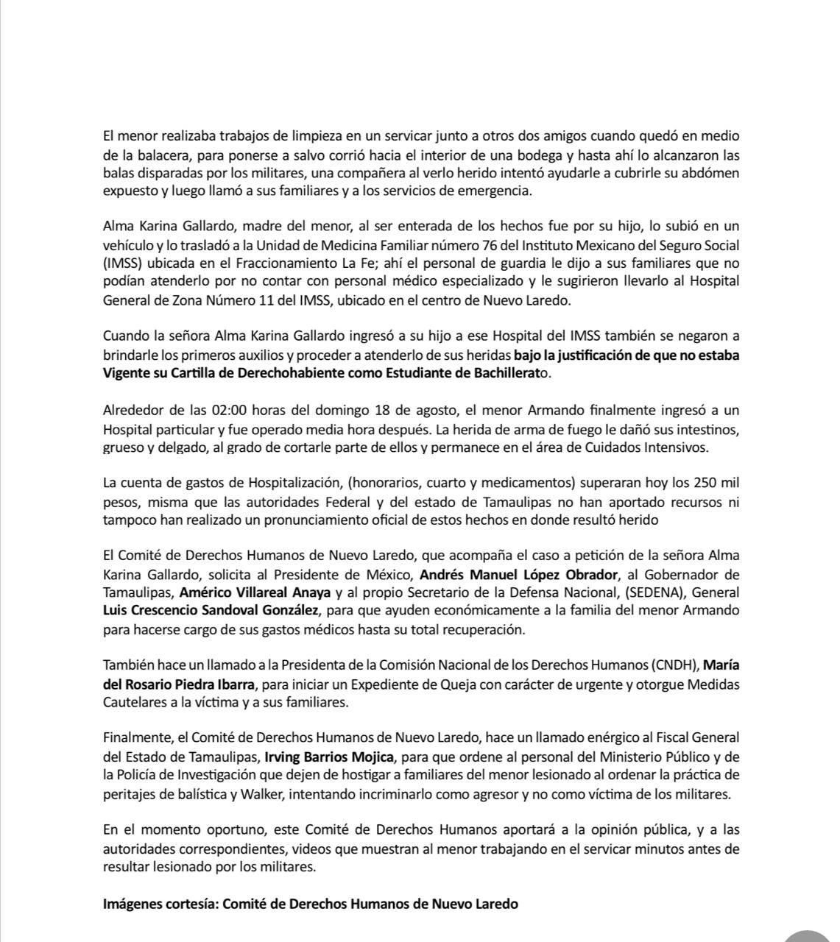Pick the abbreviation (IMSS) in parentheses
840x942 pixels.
pos(124,263)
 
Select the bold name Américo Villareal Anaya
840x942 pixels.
pos(255,592)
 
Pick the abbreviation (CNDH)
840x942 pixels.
pos(674,665)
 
